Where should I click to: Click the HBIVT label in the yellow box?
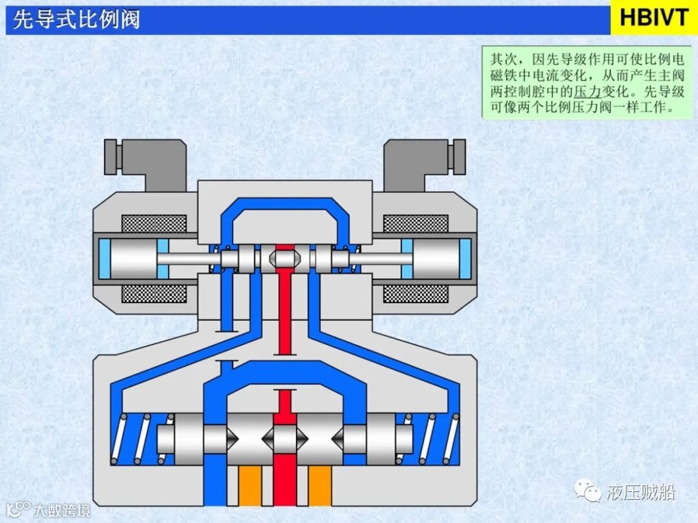click(654, 17)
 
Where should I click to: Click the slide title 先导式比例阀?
click(76, 20)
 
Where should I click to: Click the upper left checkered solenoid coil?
click(154, 224)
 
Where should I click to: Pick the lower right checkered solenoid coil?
click(416, 294)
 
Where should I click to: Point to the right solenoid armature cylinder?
click(436, 259)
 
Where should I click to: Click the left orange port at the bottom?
click(250, 486)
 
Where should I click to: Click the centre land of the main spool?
click(285, 438)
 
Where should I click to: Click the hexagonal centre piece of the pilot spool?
click(285, 259)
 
